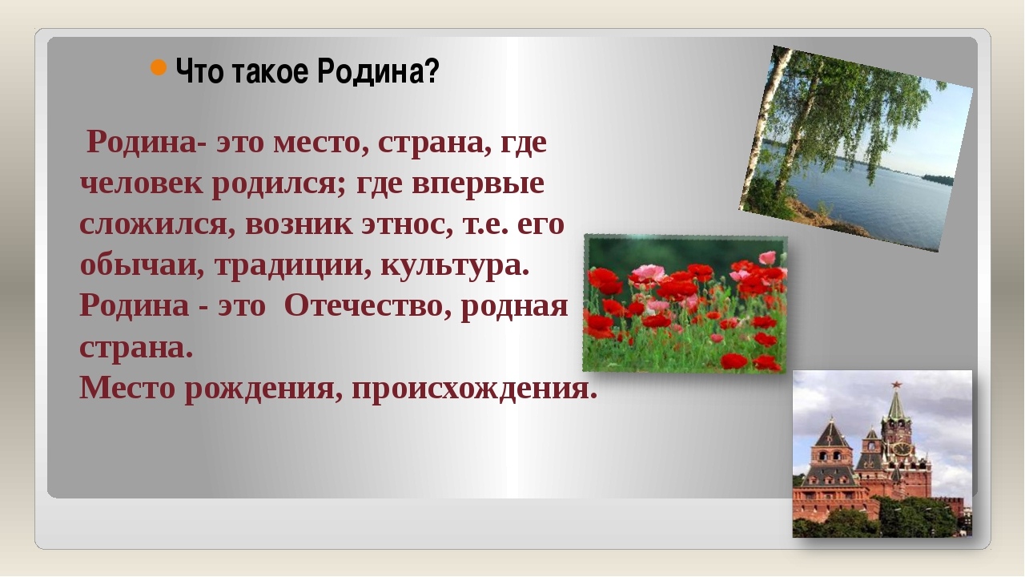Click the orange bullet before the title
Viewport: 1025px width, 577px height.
159,67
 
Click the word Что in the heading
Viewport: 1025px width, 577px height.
199,71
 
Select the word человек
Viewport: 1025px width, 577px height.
142,184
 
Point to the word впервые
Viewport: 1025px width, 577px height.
478,184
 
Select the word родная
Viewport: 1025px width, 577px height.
514,307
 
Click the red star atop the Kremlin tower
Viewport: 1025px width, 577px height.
896,384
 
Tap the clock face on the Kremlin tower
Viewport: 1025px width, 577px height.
901,448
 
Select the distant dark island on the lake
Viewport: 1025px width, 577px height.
937,179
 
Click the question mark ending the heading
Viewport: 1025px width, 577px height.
432,71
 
